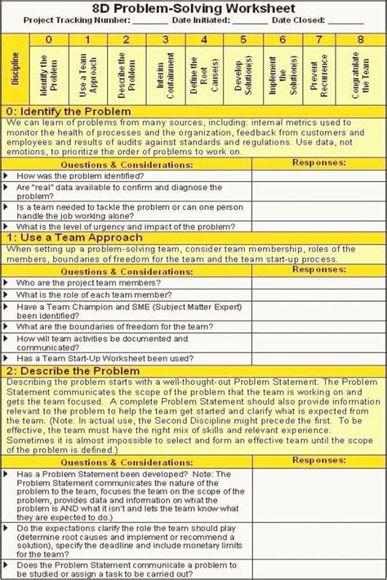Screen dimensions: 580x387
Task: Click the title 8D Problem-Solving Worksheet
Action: pos(193,7)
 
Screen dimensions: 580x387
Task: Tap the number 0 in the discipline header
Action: pos(48,38)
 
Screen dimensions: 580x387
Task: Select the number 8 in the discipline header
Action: pos(360,38)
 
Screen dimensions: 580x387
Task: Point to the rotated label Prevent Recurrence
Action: pos(321,77)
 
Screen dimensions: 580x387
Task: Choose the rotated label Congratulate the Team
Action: pos(360,77)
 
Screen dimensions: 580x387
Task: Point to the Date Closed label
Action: pos(314,20)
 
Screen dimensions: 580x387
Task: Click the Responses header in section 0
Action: pos(317,163)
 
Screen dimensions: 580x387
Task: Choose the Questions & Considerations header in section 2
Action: pos(127,462)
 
